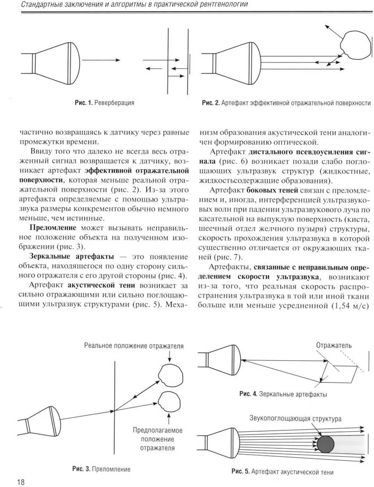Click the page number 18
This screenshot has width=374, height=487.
coord(21,481)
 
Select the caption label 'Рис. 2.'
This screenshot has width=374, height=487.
coord(210,103)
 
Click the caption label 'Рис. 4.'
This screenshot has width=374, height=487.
coord(249,394)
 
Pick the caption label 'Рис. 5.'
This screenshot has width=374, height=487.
coord(242,471)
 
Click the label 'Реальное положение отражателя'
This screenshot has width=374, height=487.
coord(134,346)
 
